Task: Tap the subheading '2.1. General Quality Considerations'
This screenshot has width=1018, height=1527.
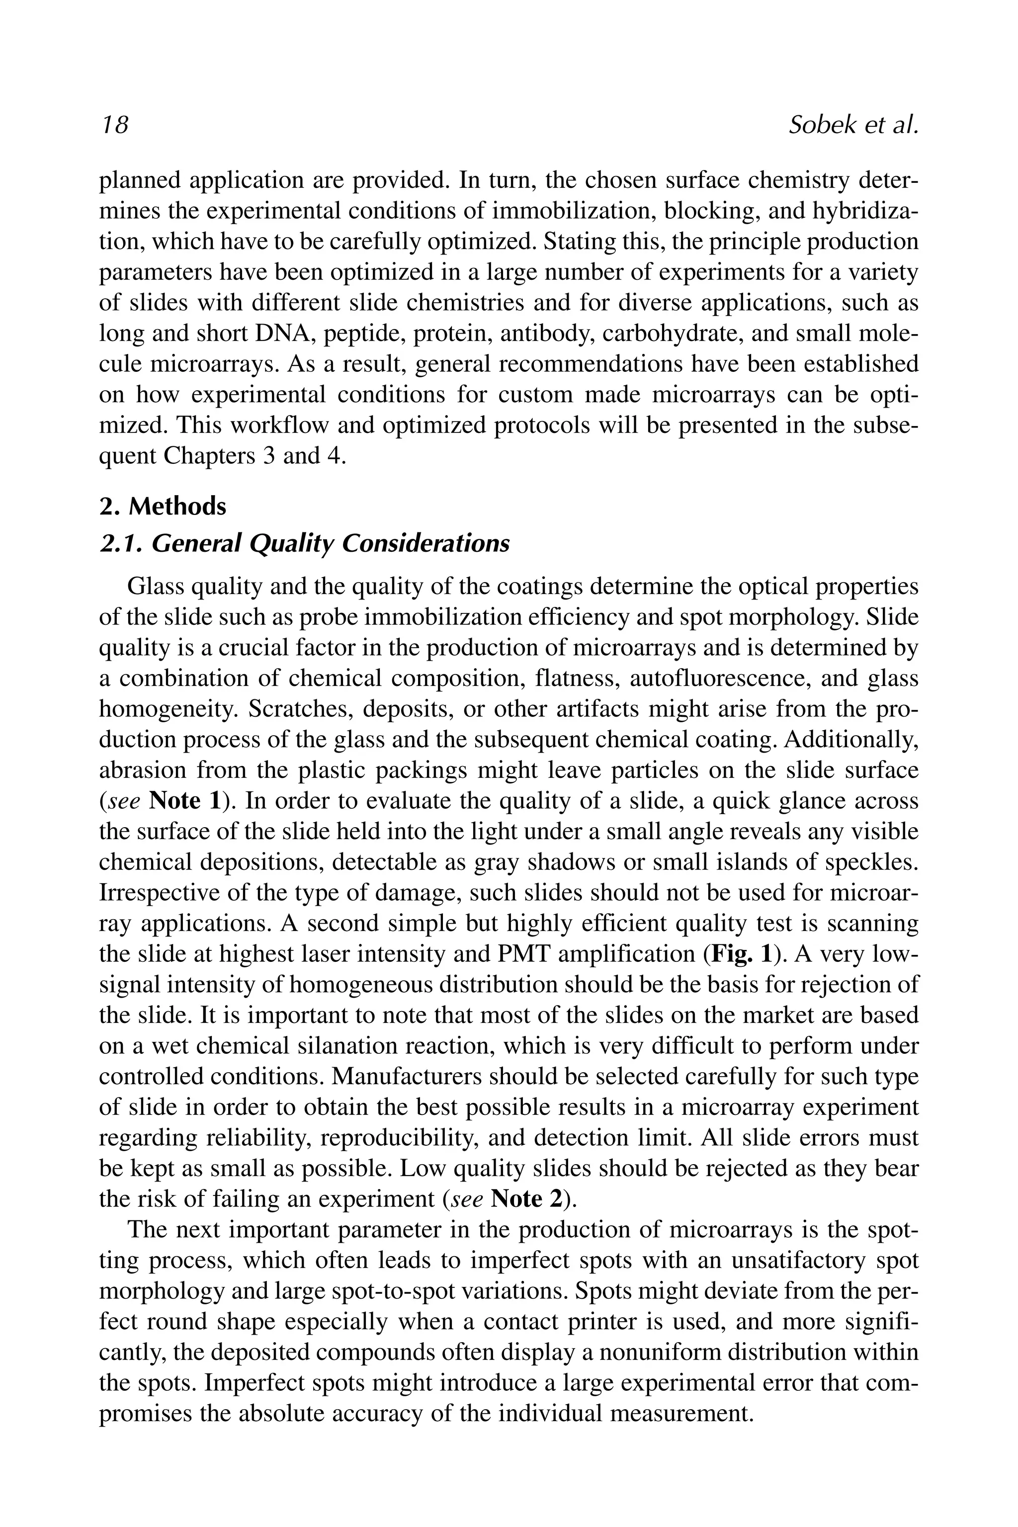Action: [x=304, y=543]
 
